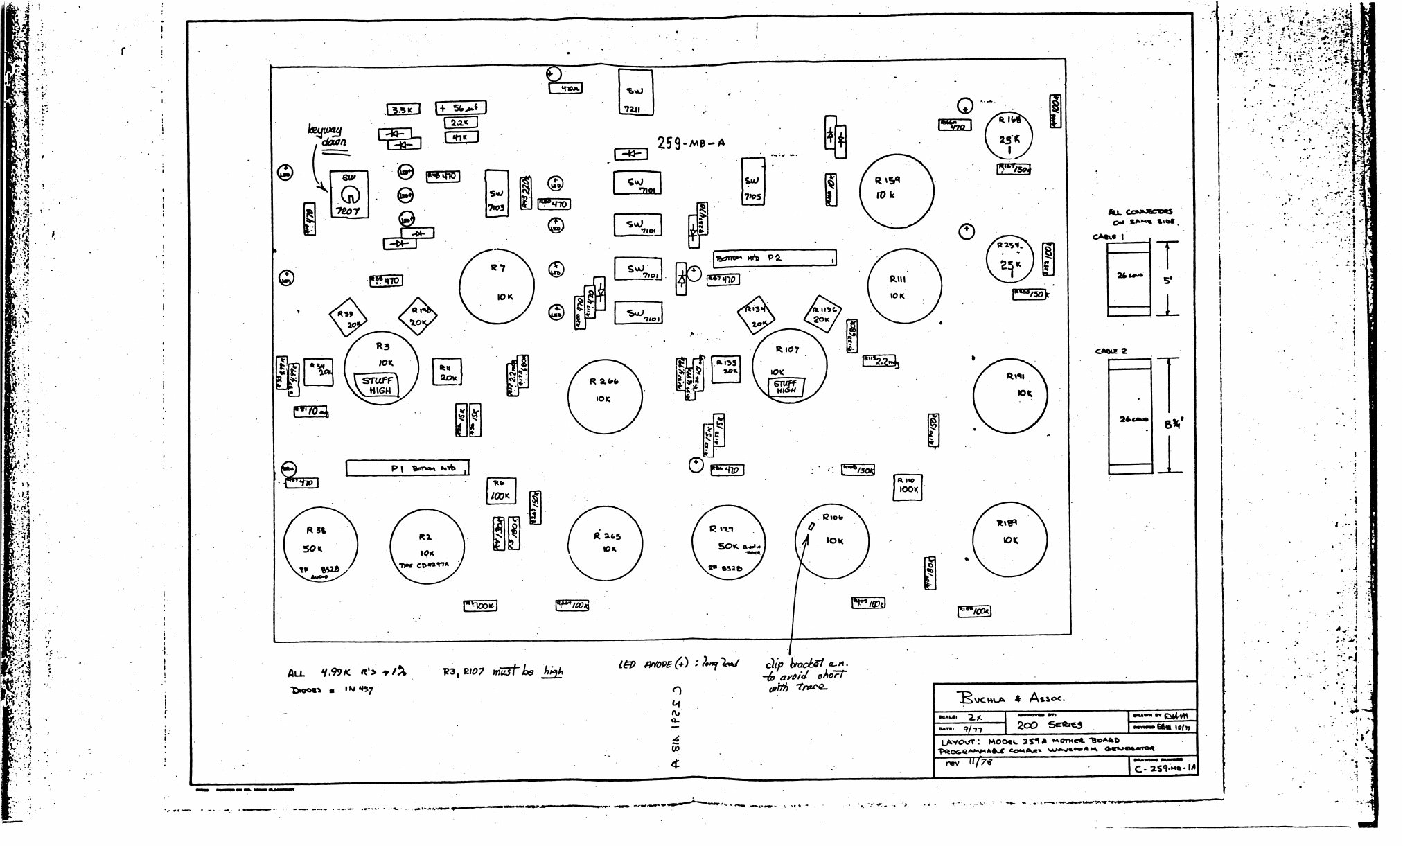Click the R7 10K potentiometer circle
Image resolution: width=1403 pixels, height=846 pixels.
497,286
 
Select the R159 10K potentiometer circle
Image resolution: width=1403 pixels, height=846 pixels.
897,190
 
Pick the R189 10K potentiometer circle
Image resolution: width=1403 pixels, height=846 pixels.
1009,540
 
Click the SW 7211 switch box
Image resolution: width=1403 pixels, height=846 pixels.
635,92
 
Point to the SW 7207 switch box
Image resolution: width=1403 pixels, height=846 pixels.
348,195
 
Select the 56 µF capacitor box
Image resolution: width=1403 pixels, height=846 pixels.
461,108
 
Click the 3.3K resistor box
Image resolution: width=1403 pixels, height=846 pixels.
403,110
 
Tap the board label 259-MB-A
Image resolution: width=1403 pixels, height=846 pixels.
691,143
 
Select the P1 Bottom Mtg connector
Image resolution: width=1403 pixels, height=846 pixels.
407,468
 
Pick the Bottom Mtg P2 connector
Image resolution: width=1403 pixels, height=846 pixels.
775,258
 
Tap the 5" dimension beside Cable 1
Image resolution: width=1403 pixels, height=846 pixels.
1168,281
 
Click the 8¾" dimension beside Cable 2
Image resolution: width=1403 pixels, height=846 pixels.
1172,424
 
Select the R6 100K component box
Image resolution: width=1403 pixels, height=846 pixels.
500,491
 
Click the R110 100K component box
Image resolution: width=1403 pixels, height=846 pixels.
908,486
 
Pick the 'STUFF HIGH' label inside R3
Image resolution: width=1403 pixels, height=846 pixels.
378,385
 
